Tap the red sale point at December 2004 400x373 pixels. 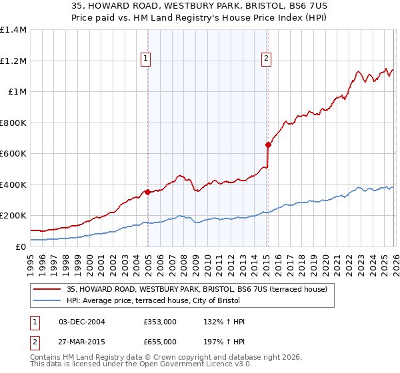coord(147,192)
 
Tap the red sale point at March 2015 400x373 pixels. coord(268,145)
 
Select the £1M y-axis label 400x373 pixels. coord(17,92)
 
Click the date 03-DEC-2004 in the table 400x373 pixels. coord(82,322)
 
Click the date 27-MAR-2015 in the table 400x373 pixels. coord(82,342)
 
